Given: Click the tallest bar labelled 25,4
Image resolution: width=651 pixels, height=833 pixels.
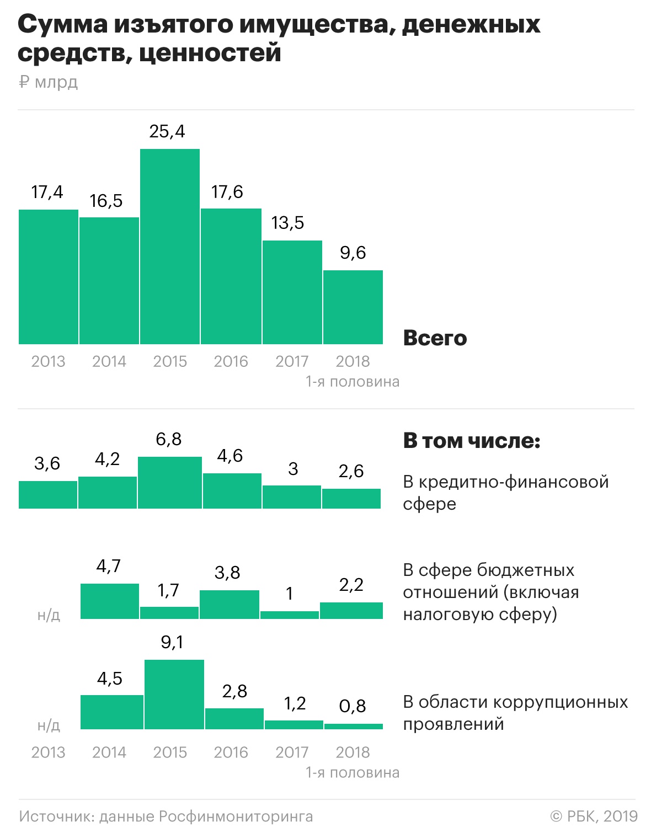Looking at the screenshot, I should (x=170, y=247).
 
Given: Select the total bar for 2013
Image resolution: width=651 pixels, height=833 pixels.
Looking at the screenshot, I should (x=49, y=277).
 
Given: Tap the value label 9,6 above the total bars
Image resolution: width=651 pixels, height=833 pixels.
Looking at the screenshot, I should (x=353, y=253).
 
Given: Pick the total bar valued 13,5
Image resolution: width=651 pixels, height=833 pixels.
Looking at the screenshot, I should (x=292, y=292).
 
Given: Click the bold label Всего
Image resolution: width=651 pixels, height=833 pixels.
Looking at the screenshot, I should (x=435, y=338).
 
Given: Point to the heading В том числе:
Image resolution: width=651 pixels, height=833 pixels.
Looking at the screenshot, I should (x=472, y=441).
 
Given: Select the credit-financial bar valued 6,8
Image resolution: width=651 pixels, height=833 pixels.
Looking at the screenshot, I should (x=170, y=483).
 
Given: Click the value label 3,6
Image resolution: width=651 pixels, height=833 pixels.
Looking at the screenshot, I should (x=47, y=463).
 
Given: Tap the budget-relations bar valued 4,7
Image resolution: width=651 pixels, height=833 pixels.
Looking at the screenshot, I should (x=110, y=601).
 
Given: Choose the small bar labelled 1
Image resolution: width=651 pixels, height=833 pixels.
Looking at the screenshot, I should (x=290, y=615).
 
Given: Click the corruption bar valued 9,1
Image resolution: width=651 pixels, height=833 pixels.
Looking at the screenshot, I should (x=174, y=695).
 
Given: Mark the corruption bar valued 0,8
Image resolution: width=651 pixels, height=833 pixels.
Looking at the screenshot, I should (x=354, y=727).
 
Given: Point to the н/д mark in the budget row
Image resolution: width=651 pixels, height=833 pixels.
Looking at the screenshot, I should (x=49, y=615).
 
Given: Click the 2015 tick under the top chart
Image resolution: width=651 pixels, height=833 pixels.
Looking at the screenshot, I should (x=170, y=361).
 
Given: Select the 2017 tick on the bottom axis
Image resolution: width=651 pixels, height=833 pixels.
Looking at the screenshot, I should (x=292, y=752).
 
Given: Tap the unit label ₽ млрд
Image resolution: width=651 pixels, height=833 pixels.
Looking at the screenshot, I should (x=49, y=82).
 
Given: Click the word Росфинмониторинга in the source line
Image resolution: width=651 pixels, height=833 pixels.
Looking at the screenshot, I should (x=236, y=816).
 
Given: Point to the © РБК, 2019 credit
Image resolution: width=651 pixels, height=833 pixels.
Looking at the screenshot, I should (x=594, y=816).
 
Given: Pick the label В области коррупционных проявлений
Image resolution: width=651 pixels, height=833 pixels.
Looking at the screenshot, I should (x=515, y=713).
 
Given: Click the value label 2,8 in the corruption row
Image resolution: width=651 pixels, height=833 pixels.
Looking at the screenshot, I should (x=235, y=691).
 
